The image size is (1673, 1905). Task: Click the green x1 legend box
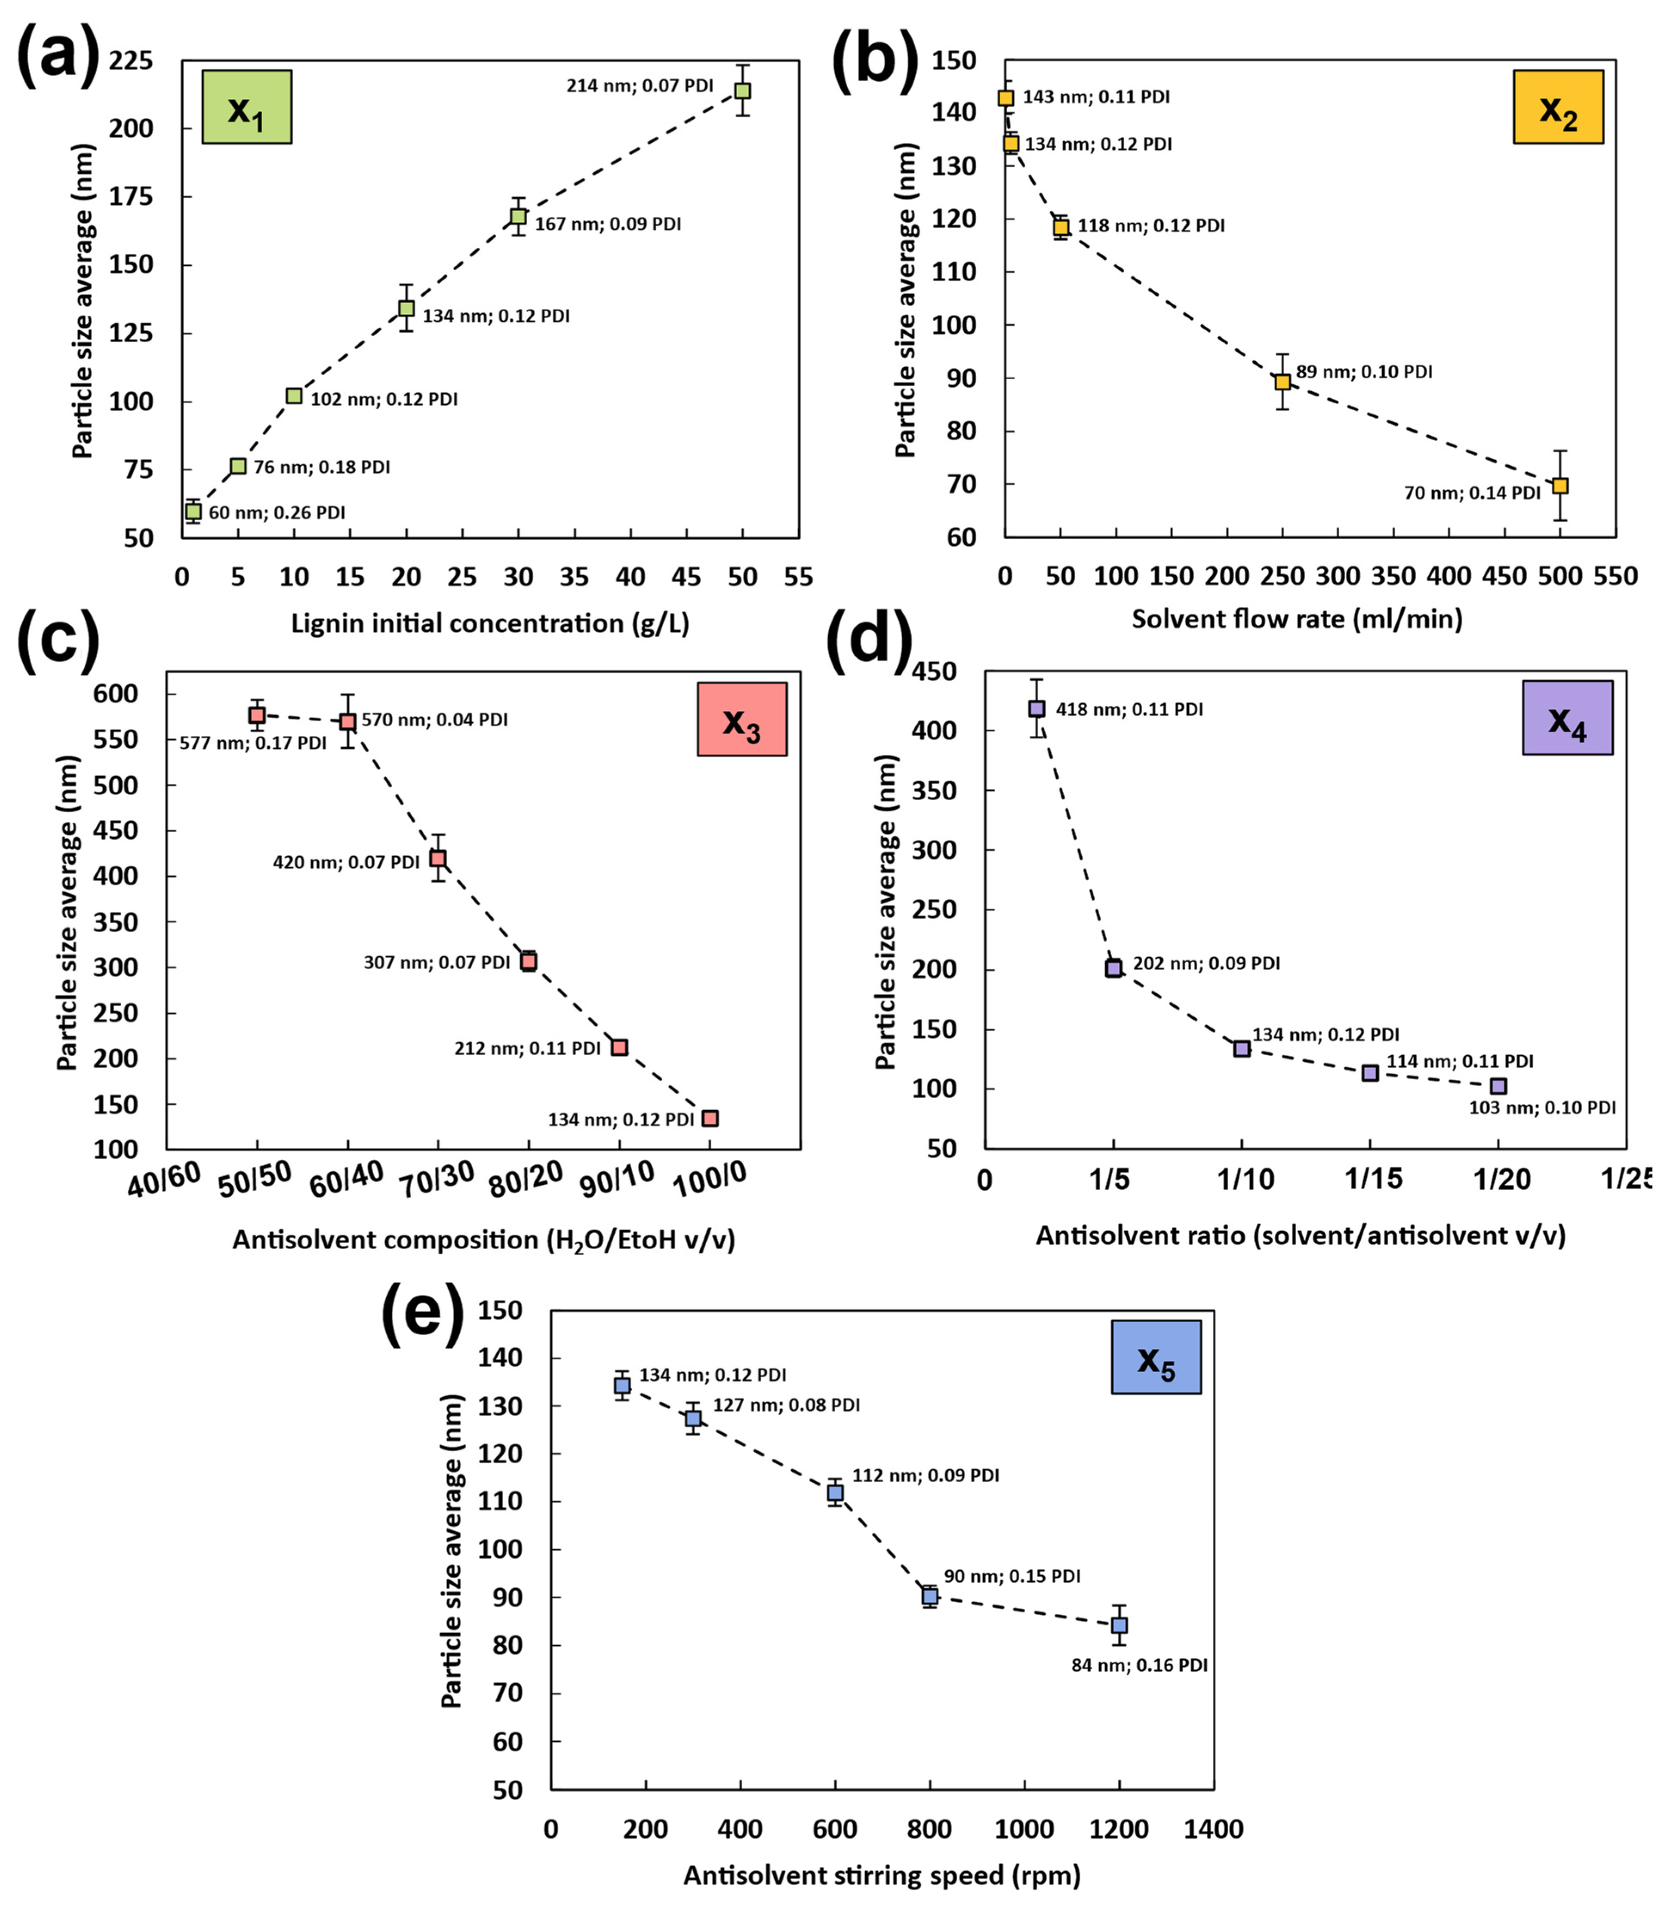pyautogui.click(x=247, y=107)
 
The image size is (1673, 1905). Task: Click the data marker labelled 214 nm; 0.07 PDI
pyautogui.click(x=742, y=90)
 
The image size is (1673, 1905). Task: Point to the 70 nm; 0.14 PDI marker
pyautogui.click(x=1559, y=485)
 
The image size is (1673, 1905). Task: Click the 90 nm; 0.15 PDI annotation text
pyautogui.click(x=1012, y=1576)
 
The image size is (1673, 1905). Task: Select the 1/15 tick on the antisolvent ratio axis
pyautogui.click(x=1373, y=1179)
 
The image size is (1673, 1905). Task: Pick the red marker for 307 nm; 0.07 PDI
pyautogui.click(x=529, y=961)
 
